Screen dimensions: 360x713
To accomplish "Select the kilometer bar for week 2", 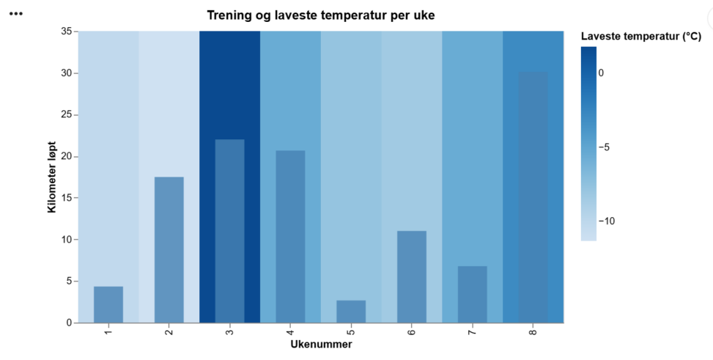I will [x=169, y=249].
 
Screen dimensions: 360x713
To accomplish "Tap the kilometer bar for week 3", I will [x=229, y=231].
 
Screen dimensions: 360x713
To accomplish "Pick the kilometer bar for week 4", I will [x=290, y=236].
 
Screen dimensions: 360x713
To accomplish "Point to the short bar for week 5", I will [x=351, y=312].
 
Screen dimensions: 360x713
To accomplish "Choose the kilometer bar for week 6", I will [x=411, y=276].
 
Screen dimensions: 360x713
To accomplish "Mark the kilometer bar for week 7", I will [x=472, y=294].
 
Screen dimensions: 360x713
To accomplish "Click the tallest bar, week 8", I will [x=533, y=198].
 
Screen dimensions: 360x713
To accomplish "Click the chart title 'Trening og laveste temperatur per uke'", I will [x=321, y=15].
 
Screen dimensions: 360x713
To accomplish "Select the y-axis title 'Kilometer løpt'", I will [x=52, y=177].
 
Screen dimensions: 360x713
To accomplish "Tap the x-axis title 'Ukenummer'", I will [x=321, y=345].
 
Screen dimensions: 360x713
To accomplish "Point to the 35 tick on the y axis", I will [x=66, y=32].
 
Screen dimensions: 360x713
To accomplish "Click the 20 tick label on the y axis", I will [x=66, y=156].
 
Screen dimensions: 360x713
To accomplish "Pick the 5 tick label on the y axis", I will [x=68, y=281].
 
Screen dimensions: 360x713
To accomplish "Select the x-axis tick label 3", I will [x=229, y=332].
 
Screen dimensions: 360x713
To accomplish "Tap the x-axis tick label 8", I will [x=533, y=332].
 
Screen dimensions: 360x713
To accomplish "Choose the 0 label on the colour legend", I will [x=601, y=73].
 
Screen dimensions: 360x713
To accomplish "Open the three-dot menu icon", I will [x=15, y=14].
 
